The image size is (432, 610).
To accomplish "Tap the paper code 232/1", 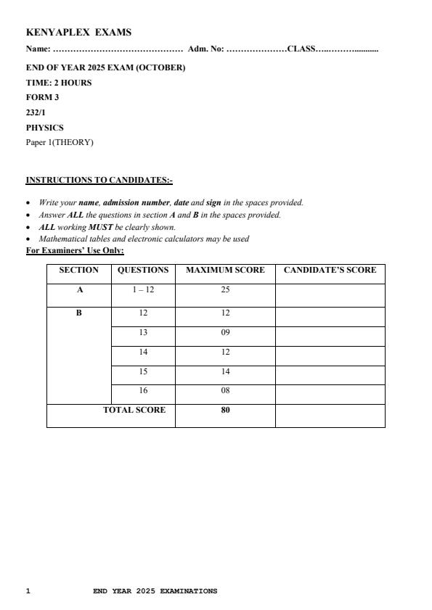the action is tap(36, 112).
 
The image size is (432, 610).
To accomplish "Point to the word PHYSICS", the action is tap(44, 128).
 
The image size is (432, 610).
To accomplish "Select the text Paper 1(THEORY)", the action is tap(60, 142).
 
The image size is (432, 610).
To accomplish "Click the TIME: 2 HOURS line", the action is tap(59, 83).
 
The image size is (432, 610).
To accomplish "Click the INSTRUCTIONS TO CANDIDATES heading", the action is tap(99, 179).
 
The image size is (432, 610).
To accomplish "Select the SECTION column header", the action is tap(78, 270).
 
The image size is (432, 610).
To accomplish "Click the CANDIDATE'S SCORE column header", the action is tap(330, 270).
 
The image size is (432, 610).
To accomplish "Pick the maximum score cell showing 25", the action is tap(225, 289).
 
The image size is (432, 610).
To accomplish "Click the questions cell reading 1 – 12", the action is tap(143, 289).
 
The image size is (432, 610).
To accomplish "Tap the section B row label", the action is tap(79, 313).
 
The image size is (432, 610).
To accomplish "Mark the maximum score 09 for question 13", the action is tap(225, 332).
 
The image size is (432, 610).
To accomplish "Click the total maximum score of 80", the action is tap(225, 410).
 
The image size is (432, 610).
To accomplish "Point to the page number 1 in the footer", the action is tap(28, 591).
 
